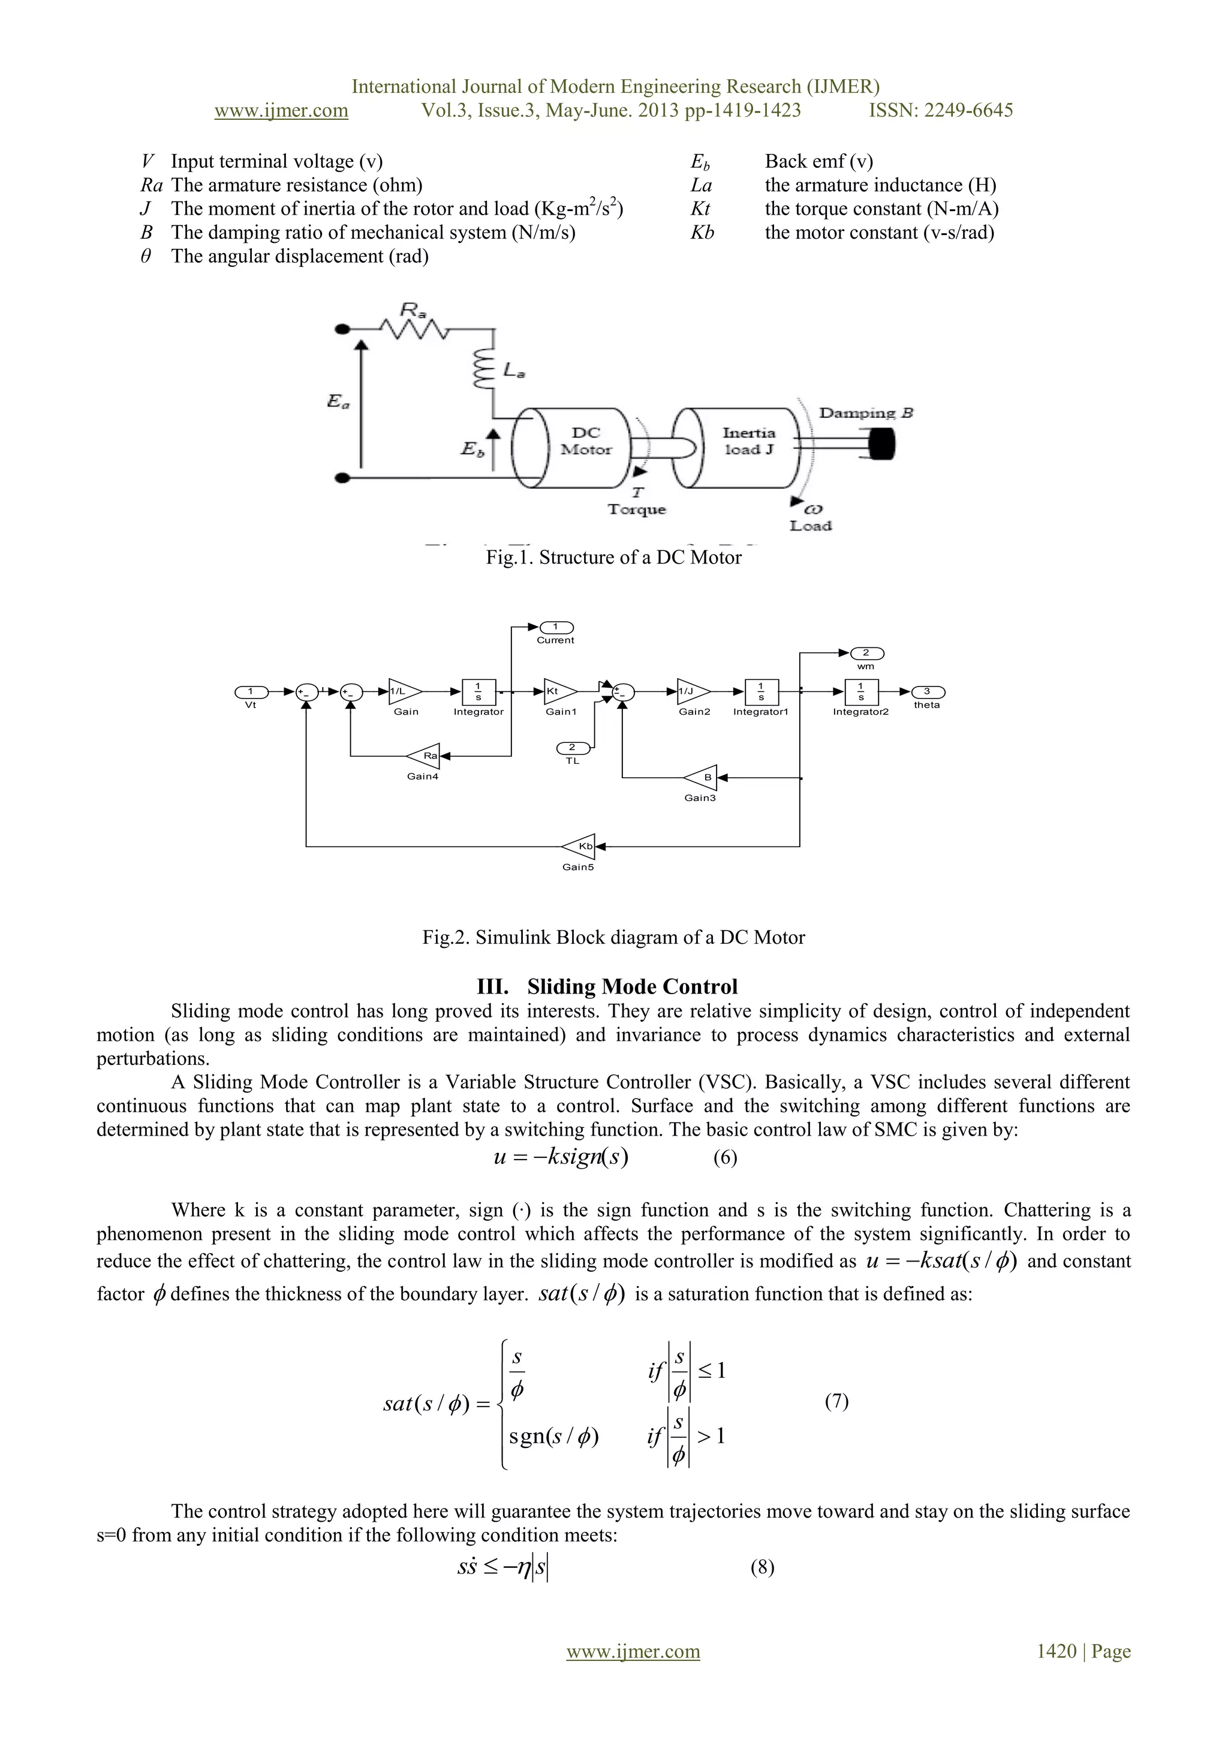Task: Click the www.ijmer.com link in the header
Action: click(x=281, y=110)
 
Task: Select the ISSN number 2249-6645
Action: click(x=971, y=110)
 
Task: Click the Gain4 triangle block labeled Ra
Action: click(x=425, y=755)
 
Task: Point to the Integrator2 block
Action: click(x=861, y=691)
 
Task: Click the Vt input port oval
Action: click(x=251, y=691)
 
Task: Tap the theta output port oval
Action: click(x=928, y=691)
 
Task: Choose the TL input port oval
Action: click(x=572, y=748)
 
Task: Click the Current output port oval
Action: click(x=556, y=627)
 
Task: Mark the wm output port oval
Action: click(x=866, y=654)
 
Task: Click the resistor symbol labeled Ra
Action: click(x=414, y=329)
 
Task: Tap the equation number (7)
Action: click(x=836, y=1401)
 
